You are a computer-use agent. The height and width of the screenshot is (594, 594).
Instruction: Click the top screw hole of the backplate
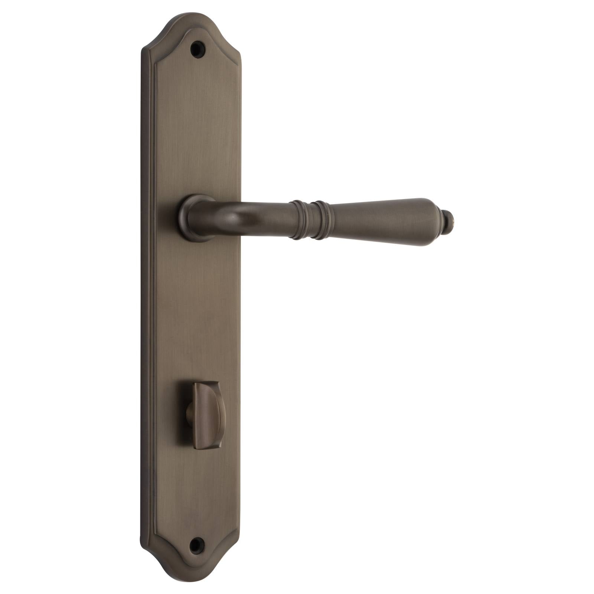[197, 48]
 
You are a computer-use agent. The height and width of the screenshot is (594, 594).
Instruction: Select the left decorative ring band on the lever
[297, 219]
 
